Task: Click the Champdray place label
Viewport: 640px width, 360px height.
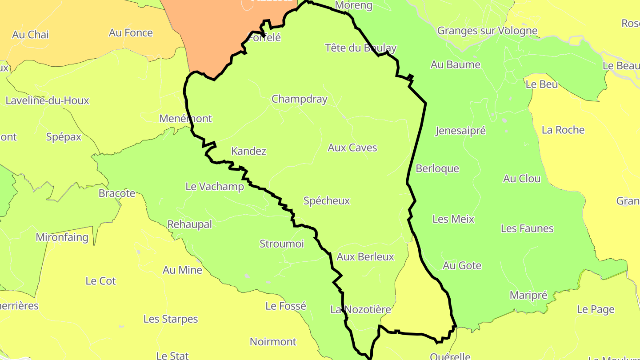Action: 299,99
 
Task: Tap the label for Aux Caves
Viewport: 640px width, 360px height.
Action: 352,148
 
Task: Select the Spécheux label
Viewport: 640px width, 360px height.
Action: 327,201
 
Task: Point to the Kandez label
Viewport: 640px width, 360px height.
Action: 248,151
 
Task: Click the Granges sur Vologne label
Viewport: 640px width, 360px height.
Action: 487,31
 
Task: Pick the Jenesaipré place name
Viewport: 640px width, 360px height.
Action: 460,131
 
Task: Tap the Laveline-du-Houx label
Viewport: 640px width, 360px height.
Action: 47,100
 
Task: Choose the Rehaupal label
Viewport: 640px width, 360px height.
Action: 189,224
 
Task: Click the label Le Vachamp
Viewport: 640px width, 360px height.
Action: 215,187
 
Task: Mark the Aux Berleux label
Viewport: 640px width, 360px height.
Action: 365,257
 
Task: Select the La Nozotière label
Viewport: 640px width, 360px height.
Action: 360,310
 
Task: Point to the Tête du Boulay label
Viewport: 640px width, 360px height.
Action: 360,48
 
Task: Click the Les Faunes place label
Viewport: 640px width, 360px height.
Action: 527,228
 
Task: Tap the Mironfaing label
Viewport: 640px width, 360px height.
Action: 62,237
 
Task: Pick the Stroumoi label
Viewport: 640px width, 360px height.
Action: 281,244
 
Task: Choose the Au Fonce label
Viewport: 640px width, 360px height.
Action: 131,33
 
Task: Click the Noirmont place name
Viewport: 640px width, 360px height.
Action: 273,342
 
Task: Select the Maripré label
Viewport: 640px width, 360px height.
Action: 528,296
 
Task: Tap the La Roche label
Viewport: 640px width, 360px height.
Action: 563,130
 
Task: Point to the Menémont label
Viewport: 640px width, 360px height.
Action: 185,119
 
